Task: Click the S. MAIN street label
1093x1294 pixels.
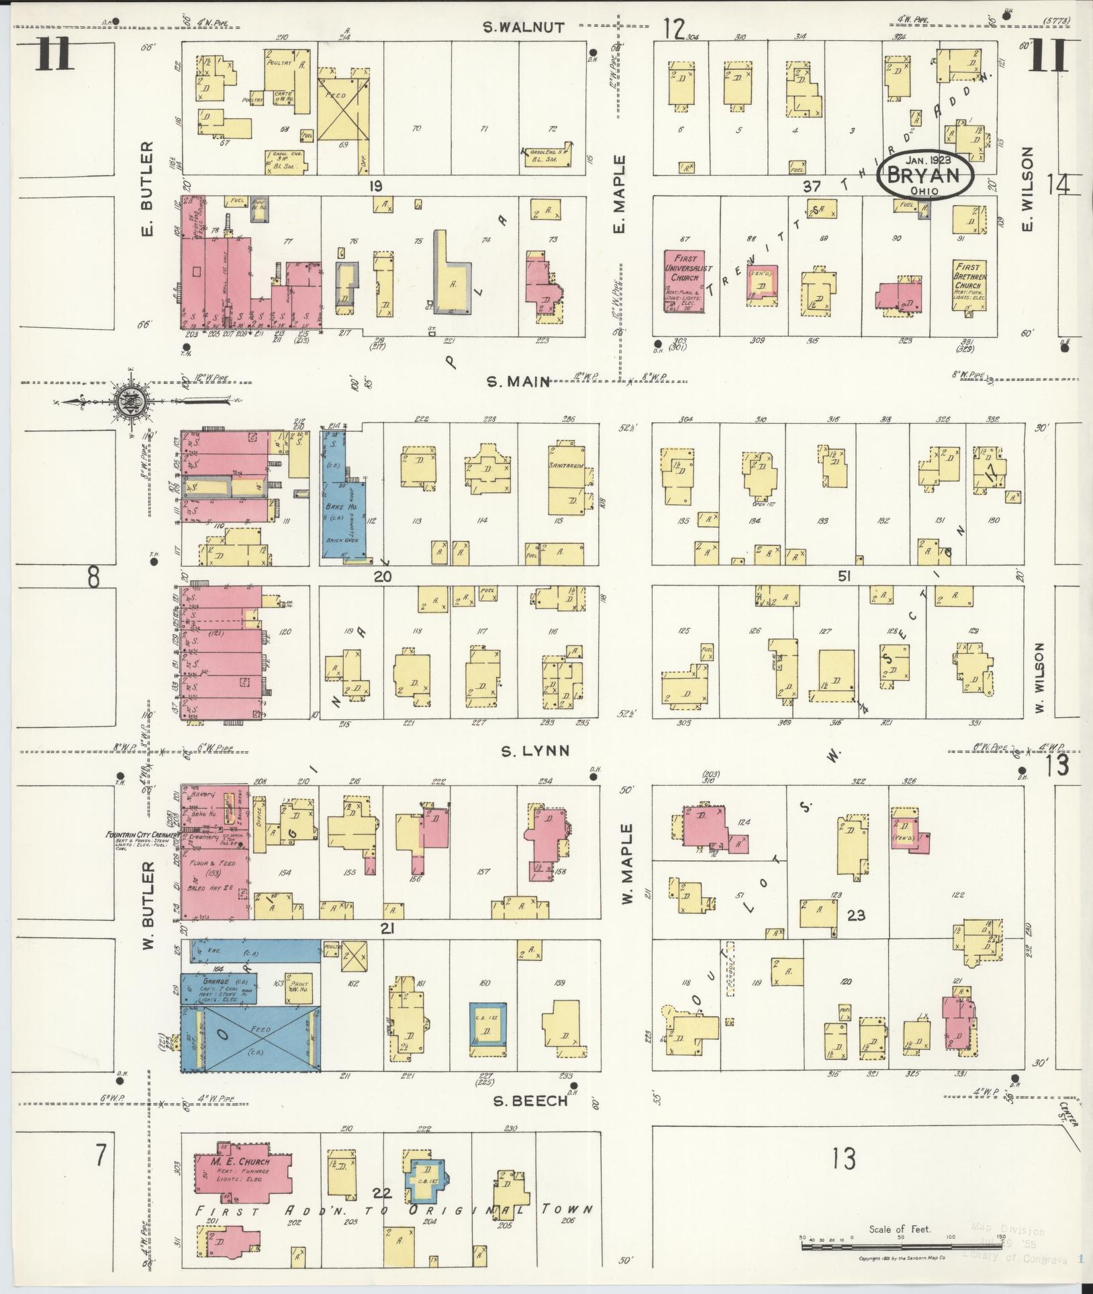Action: pos(518,381)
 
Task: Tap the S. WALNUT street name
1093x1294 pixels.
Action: pos(524,28)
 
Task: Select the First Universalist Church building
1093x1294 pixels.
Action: pos(683,281)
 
